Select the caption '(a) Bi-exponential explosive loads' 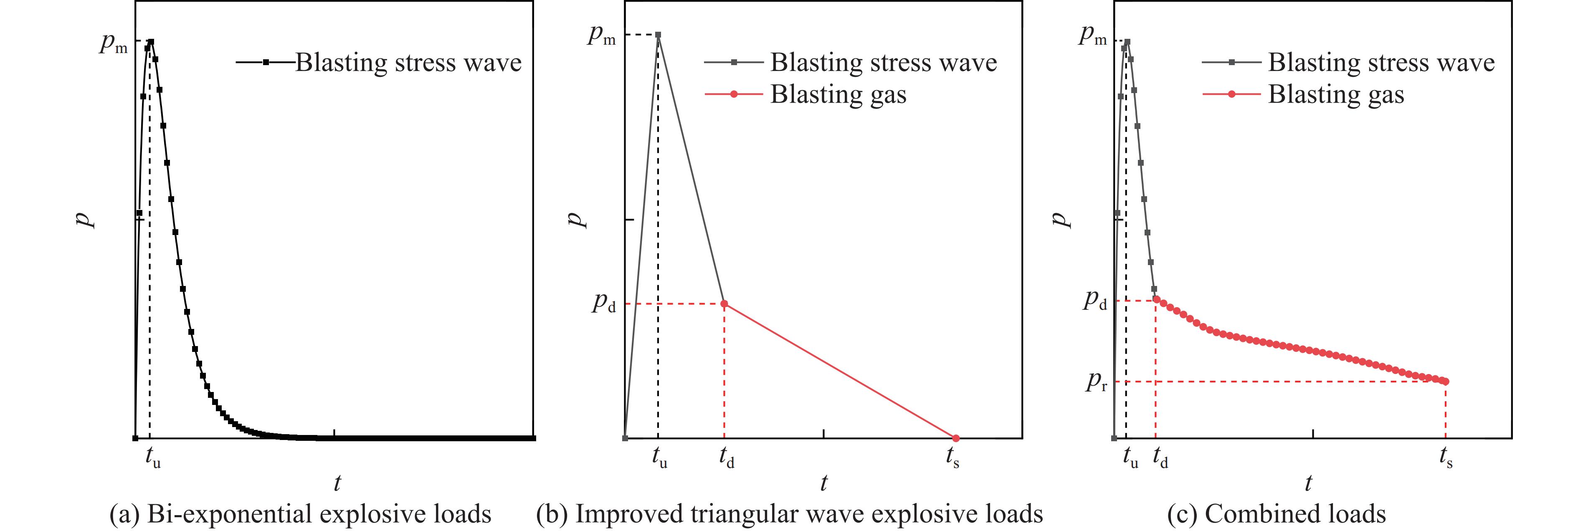point(300,513)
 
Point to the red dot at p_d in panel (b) point(724,304)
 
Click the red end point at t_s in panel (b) point(956,438)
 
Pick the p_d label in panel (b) point(603,303)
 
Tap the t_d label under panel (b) point(727,458)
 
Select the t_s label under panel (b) point(952,458)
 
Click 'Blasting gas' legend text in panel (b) point(838,94)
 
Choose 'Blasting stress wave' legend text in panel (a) point(408,63)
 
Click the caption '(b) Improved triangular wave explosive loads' point(790,513)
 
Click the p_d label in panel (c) point(1095,301)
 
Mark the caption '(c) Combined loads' point(1277,513)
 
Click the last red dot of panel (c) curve point(1446,382)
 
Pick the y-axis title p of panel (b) point(576,219)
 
